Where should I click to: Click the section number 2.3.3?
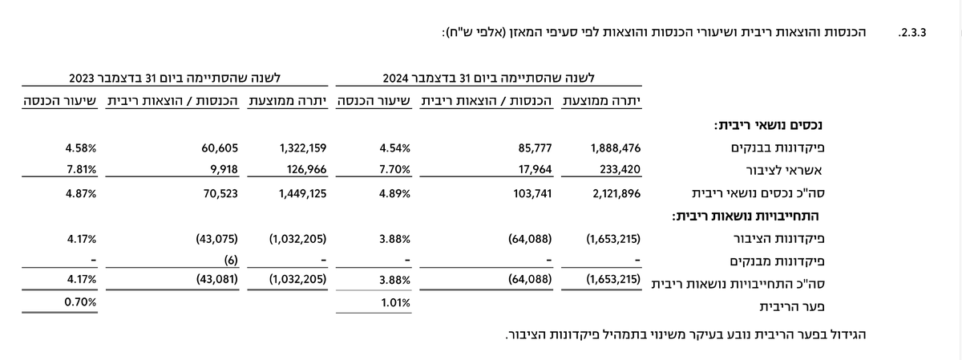point(912,33)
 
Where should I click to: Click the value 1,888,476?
point(616,148)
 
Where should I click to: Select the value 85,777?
point(535,148)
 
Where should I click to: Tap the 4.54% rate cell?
point(394,148)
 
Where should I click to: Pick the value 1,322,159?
point(303,148)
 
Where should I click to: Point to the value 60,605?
point(220,148)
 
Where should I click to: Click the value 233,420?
point(620,170)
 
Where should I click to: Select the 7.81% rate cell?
point(81,170)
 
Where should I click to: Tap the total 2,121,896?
point(616,194)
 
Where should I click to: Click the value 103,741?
point(532,194)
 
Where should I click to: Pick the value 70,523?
point(220,194)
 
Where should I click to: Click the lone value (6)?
point(231,261)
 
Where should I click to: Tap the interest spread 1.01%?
point(395,303)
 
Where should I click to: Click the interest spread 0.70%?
point(80,302)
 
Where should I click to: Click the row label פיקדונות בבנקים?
point(778,148)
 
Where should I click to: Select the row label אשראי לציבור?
point(784,171)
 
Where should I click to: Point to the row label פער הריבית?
point(792,307)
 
